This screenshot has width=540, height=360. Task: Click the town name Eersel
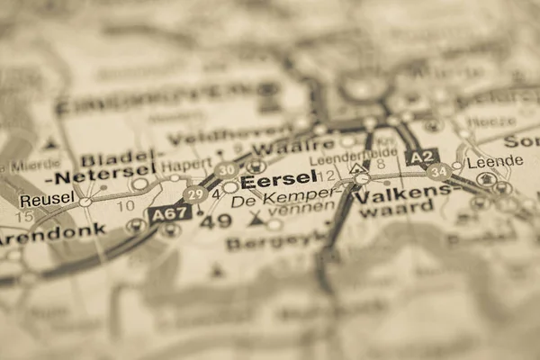pyautogui.click(x=278, y=179)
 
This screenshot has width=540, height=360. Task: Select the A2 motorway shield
pyautogui.click(x=422, y=156)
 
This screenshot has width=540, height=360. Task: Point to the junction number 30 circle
pyautogui.click(x=227, y=169)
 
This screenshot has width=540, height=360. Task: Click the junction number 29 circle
pyautogui.click(x=194, y=193)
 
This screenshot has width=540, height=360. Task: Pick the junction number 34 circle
pyautogui.click(x=438, y=170)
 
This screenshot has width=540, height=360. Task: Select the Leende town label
pyautogui.click(x=496, y=161)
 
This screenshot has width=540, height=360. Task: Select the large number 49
pyautogui.click(x=215, y=220)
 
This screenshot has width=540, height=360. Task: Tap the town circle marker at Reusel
pyautogui.click(x=85, y=202)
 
